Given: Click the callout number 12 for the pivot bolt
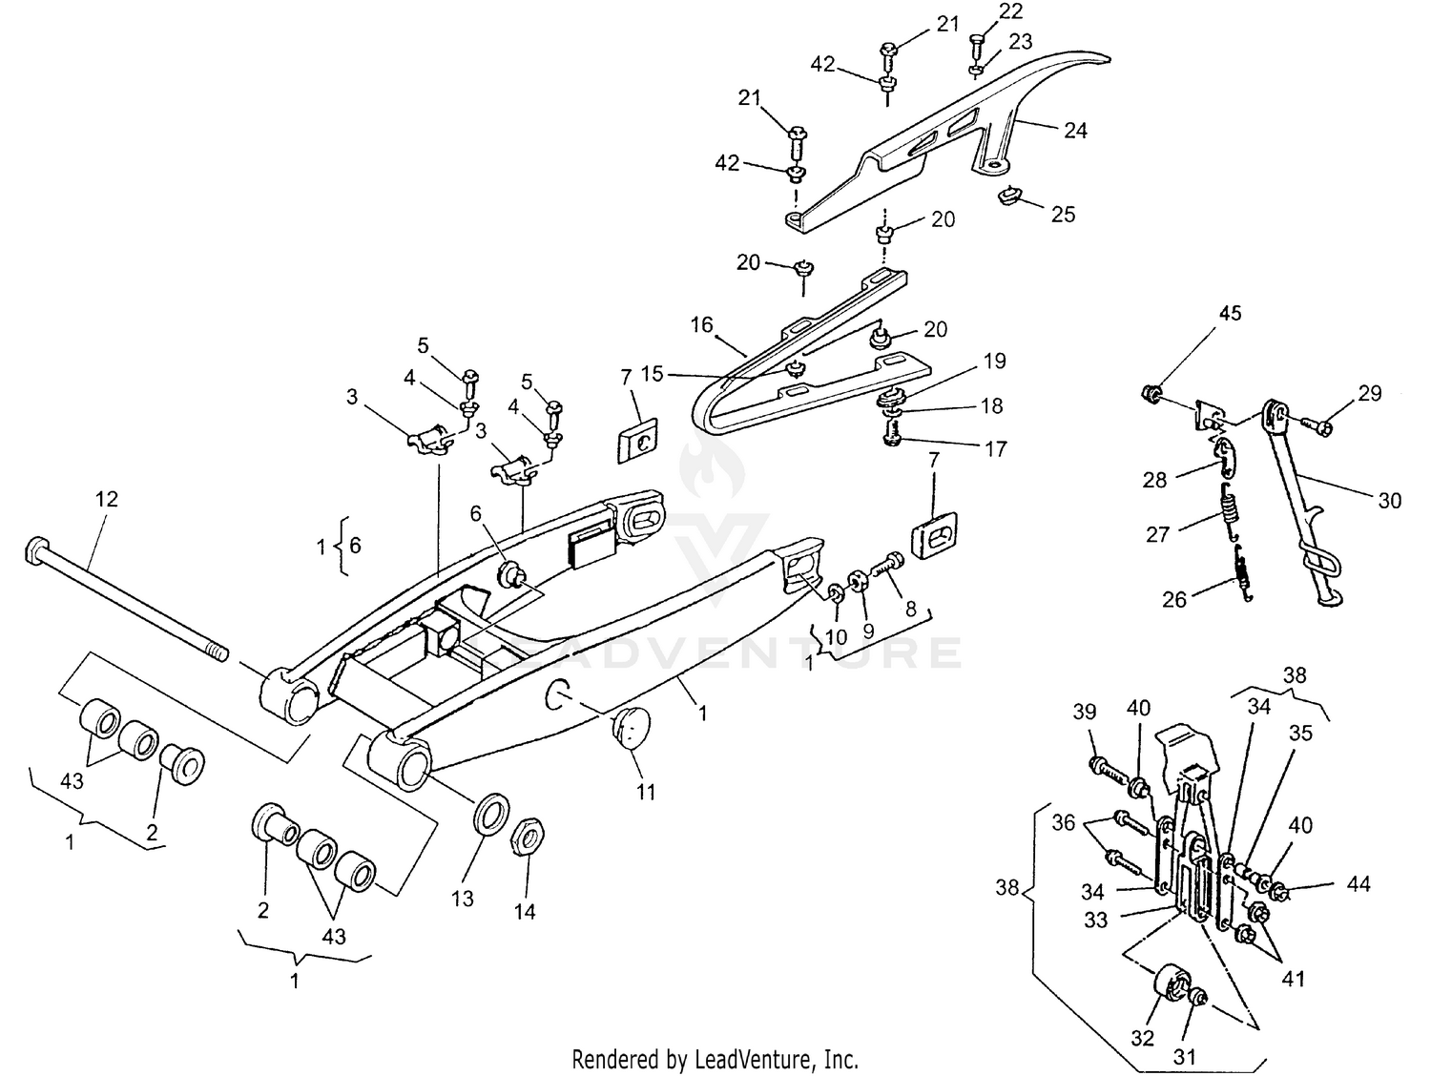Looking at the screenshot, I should (107, 499).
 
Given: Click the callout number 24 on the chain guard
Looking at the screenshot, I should (1075, 130).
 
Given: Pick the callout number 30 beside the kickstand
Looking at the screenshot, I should (1390, 500).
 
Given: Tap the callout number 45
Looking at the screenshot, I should (1231, 314).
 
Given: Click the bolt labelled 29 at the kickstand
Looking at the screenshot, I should (1320, 426).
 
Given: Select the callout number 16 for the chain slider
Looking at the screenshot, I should (701, 325).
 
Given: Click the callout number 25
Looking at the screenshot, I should (1063, 215).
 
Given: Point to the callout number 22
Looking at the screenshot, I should (1009, 11).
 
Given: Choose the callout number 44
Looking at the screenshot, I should (1358, 884).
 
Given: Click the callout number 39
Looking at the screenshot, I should (1085, 712).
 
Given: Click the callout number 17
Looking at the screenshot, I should (995, 448).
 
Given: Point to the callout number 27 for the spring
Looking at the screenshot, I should (1158, 534).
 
